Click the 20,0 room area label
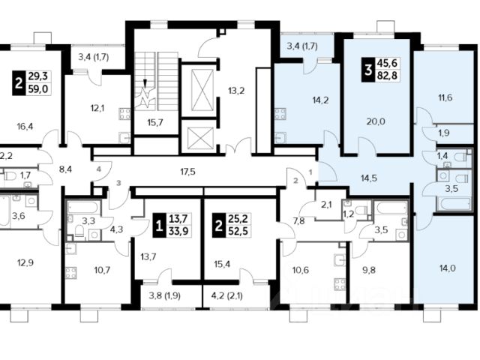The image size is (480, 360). tap(376, 121)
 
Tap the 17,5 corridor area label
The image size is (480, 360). tap(187, 172)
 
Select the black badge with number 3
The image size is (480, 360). tap(367, 70)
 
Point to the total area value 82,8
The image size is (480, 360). tap(387, 75)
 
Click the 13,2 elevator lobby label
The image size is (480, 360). tap(236, 91)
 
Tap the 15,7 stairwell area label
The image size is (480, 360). tap(155, 123)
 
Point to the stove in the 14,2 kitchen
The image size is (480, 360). tap(280, 114)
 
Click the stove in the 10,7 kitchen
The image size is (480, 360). tap(71, 273)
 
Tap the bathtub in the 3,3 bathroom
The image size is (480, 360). tap(83, 207)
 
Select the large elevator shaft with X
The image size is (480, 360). tap(202, 90)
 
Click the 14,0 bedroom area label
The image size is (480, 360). tap(447, 268)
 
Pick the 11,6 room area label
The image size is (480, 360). tap(445, 98)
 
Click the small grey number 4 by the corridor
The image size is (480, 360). tap(98, 169)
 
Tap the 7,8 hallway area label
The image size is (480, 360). tap(298, 220)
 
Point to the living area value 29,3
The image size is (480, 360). tap(40, 76)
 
